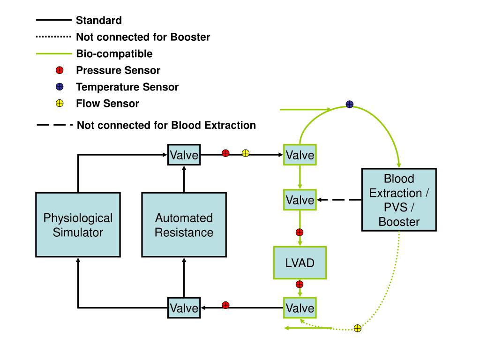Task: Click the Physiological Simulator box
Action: click(78, 225)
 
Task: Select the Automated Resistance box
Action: click(184, 225)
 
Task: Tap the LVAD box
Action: click(300, 262)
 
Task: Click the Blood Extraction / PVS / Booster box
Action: click(399, 200)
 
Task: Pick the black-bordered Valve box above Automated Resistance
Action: click(184, 155)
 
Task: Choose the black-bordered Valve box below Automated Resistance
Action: click(184, 307)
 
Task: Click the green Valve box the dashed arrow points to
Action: click(300, 200)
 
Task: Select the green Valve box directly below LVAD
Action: click(300, 307)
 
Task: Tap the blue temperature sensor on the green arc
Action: click(350, 105)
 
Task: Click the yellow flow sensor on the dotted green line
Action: click(358, 329)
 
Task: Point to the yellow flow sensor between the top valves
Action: click(246, 153)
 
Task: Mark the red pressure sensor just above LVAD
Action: click(300, 232)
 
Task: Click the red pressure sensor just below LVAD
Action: click(300, 285)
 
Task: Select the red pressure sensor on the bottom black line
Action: click(225, 305)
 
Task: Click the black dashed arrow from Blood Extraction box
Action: click(339, 200)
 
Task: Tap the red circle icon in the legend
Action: click(60, 70)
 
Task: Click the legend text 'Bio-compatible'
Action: click(114, 54)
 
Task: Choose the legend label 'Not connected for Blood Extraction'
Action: click(166, 125)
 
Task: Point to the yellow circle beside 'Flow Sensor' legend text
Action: click(60, 104)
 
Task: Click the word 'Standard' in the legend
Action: click(99, 20)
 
